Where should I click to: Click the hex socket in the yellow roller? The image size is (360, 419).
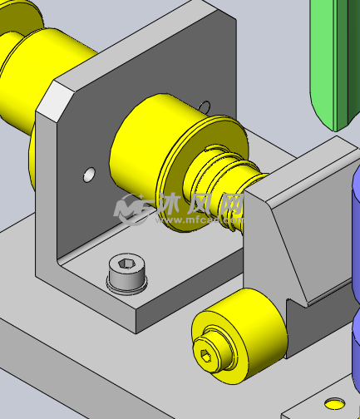[207, 357]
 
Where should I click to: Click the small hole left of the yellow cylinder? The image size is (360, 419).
[88, 175]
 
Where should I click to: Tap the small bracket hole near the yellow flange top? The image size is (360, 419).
[205, 106]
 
